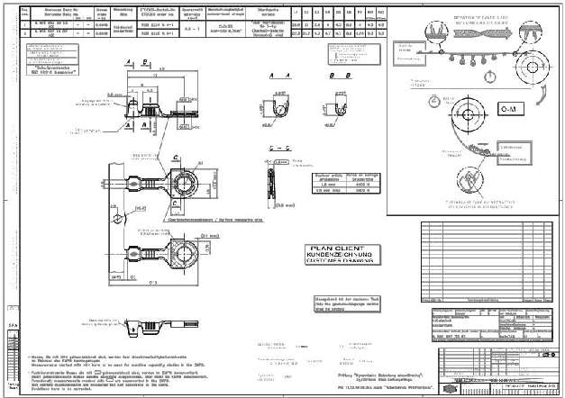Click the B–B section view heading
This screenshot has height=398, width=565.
pyautogui.click(x=338, y=76)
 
